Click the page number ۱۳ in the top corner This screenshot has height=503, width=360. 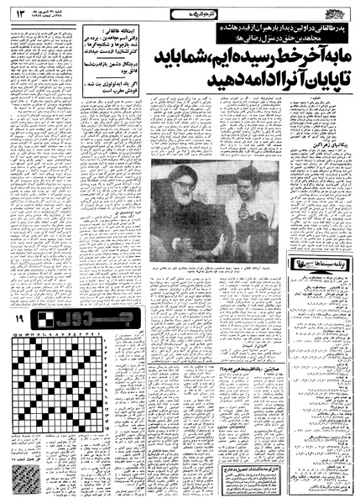click(16, 11)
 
